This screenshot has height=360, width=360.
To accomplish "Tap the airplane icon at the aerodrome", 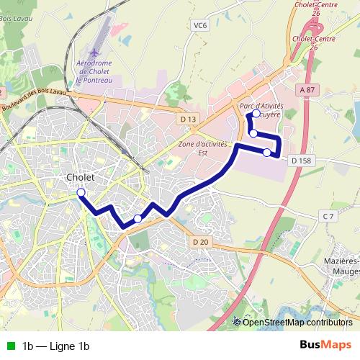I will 95,53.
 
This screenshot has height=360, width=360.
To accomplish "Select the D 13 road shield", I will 189,119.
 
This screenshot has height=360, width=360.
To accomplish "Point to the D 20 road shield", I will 200,242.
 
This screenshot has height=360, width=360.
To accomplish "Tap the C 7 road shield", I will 328,216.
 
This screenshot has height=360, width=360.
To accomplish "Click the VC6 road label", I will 200,25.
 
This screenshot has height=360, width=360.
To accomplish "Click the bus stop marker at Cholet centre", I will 81,192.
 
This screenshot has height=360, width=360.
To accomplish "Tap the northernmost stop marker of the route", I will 257,114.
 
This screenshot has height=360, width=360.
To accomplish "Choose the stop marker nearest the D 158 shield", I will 267,152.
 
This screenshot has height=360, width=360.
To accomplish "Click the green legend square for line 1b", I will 9,346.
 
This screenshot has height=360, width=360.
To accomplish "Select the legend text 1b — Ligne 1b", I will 56,346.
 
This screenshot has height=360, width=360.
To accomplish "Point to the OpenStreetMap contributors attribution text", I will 297,322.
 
